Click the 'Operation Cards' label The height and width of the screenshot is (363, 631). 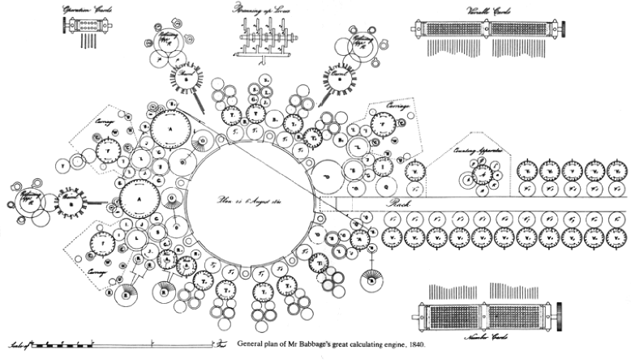(80, 11)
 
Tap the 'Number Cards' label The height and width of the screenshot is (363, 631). (487, 335)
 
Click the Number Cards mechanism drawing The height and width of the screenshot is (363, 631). (487, 313)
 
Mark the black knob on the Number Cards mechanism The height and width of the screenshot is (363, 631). (562, 313)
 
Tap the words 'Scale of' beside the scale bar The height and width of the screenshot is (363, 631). (17, 345)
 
